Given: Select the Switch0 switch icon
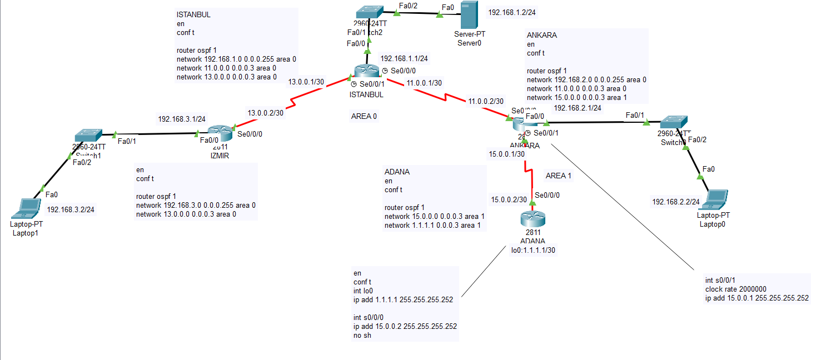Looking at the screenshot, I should pyautogui.click(x=673, y=122).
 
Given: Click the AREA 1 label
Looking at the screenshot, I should pyautogui.click(x=558, y=176).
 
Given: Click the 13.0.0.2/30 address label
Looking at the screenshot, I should pyautogui.click(x=265, y=113).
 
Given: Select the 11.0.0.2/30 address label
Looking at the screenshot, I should pyautogui.click(x=485, y=102).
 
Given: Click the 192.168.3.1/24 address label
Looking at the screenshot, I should pyautogui.click(x=182, y=119).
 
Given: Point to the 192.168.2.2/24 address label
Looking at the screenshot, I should pyautogui.click(x=675, y=203).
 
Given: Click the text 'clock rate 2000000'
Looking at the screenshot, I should pyautogui.click(x=735, y=289).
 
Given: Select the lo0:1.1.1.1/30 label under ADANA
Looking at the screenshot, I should pyautogui.click(x=533, y=250).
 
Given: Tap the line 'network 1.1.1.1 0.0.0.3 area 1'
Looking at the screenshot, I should pyautogui.click(x=434, y=225).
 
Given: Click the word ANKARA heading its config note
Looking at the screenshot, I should pyautogui.click(x=541, y=35).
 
